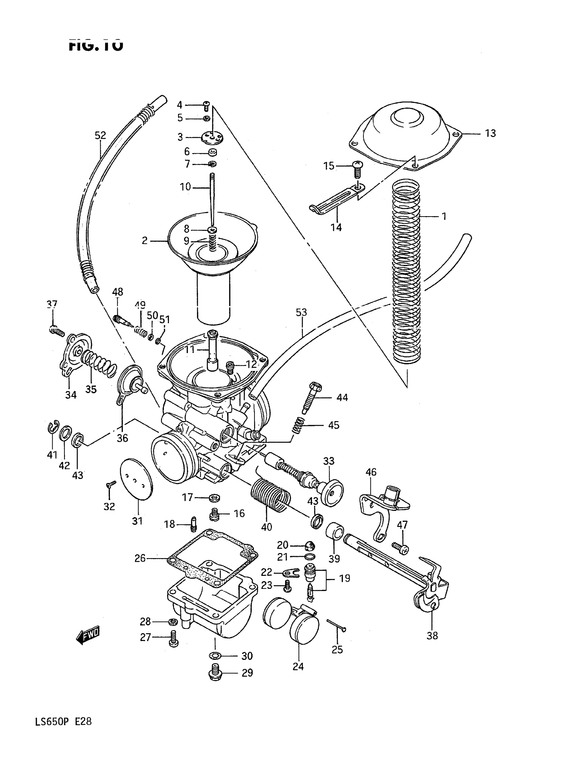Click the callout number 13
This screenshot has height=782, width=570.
(490, 133)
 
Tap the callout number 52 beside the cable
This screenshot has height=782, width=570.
(100, 135)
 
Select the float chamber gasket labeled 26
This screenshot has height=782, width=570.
(212, 558)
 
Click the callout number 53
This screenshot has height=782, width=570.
(301, 312)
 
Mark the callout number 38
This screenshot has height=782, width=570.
(432, 635)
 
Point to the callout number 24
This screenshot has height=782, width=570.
(298, 666)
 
